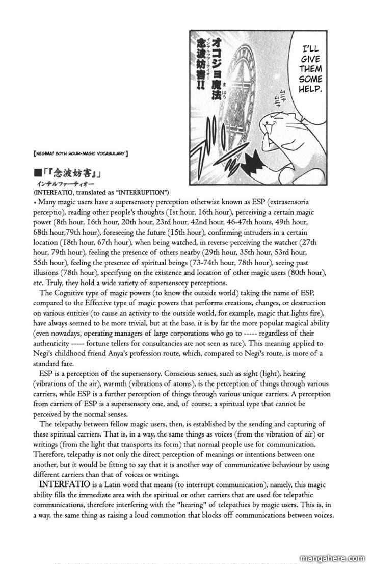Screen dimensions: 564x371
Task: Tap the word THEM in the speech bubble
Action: pyautogui.click(x=310, y=69)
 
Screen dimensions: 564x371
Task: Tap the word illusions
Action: pyautogui.click(x=45, y=273)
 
